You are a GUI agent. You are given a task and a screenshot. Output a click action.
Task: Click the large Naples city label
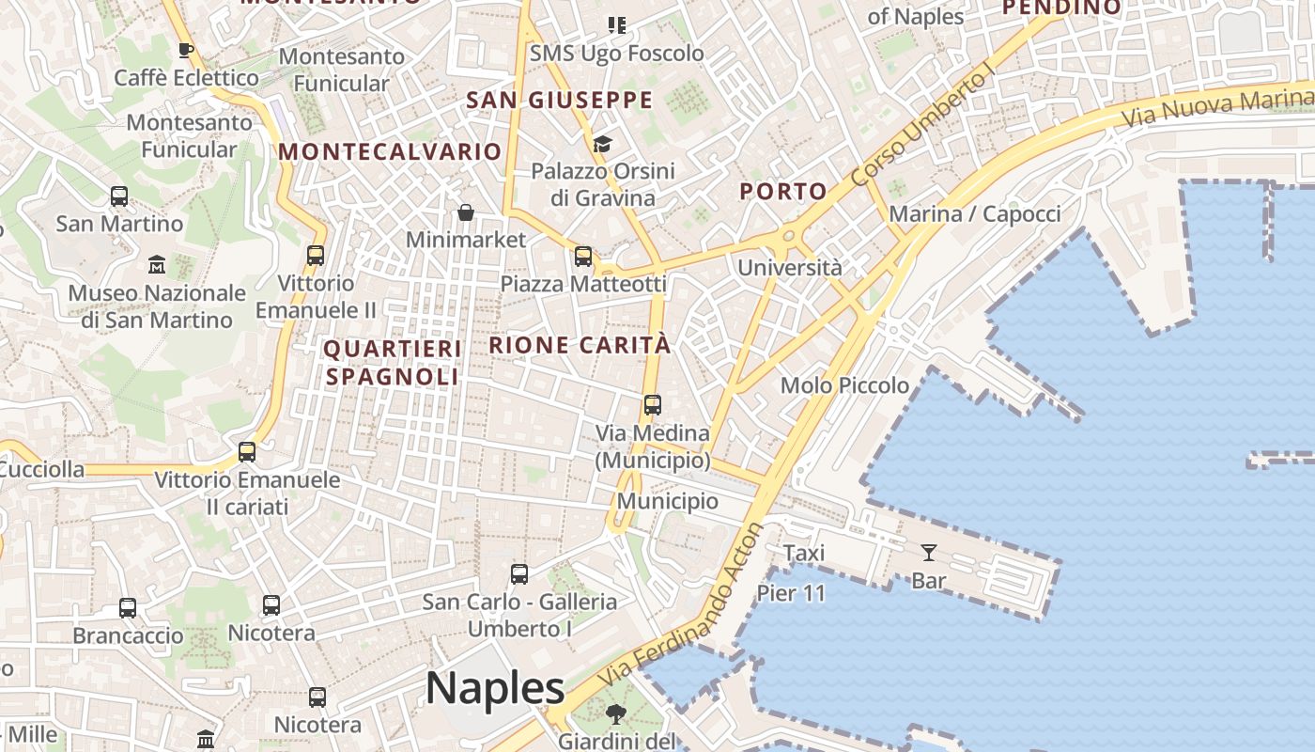pyautogui.click(x=495, y=688)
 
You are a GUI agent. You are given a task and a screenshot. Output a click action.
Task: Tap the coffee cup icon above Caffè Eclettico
pyautogui.click(x=185, y=50)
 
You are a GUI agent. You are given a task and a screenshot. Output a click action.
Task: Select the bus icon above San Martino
pyautogui.click(x=119, y=196)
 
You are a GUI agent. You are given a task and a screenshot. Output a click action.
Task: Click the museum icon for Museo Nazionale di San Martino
pyautogui.click(x=157, y=265)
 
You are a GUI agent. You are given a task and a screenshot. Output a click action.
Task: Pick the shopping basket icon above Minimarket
pyautogui.click(x=465, y=213)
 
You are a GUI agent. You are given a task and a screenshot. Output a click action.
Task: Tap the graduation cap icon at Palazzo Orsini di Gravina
pyautogui.click(x=602, y=144)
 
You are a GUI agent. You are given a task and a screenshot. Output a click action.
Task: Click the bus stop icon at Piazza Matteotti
pyautogui.click(x=583, y=256)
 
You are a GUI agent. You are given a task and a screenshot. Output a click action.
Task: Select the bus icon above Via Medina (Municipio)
pyautogui.click(x=653, y=405)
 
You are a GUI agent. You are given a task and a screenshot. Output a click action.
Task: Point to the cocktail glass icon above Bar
pyautogui.click(x=929, y=553)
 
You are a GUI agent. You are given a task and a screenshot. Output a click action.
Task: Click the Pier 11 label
pyautogui.click(x=791, y=593)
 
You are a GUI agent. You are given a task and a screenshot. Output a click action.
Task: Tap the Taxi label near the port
pyautogui.click(x=804, y=553)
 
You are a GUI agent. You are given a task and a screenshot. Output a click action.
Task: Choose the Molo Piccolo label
pyautogui.click(x=844, y=385)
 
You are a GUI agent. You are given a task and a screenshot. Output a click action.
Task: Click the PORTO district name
pyautogui.click(x=783, y=192)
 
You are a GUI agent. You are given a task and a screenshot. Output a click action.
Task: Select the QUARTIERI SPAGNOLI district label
pyautogui.click(x=393, y=363)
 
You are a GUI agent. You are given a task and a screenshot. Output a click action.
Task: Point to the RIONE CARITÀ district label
pyautogui.click(x=580, y=345)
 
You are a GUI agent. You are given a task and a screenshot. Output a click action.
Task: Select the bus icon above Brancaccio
pyautogui.click(x=128, y=608)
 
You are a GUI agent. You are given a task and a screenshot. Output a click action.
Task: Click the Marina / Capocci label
pyautogui.click(x=974, y=214)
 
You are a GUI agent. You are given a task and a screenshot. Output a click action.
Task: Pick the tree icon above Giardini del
pyautogui.click(x=616, y=714)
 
